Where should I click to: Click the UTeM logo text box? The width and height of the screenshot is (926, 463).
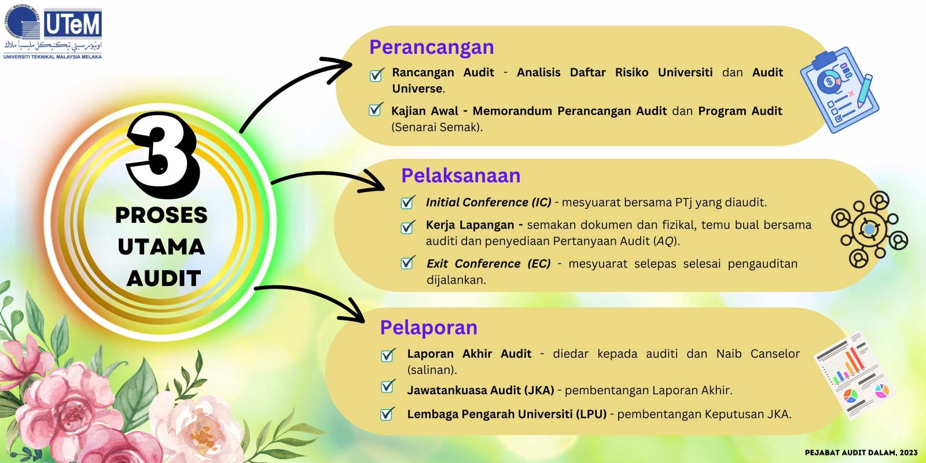point(73,24)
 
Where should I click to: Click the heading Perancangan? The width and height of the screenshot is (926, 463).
point(432,47)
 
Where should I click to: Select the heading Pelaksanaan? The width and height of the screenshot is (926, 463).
point(461,176)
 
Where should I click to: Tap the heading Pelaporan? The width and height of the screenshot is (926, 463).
point(429,328)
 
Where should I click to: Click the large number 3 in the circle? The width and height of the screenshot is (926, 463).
point(163,155)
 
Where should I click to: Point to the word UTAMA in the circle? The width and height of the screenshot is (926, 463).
point(161,247)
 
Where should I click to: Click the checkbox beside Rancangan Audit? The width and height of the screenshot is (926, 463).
point(376,75)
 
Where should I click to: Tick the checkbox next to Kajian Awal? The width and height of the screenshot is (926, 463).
point(376,109)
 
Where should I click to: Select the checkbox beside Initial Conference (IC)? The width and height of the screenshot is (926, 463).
point(407,202)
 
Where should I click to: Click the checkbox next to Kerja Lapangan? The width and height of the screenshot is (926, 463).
point(407,226)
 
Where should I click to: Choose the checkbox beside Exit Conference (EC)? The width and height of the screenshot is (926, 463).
point(407,263)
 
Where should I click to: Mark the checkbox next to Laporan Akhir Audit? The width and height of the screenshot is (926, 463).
point(388,355)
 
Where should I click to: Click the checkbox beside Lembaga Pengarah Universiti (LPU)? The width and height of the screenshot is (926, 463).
point(387,413)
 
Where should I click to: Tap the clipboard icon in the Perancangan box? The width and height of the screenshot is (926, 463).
point(839,90)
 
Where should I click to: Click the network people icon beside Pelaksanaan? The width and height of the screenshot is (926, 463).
point(869,229)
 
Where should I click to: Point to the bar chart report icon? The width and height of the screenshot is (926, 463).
point(854,376)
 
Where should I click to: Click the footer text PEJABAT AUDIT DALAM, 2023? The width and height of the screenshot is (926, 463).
point(861,453)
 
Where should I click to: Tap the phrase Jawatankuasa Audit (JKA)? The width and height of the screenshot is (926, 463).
point(480,390)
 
